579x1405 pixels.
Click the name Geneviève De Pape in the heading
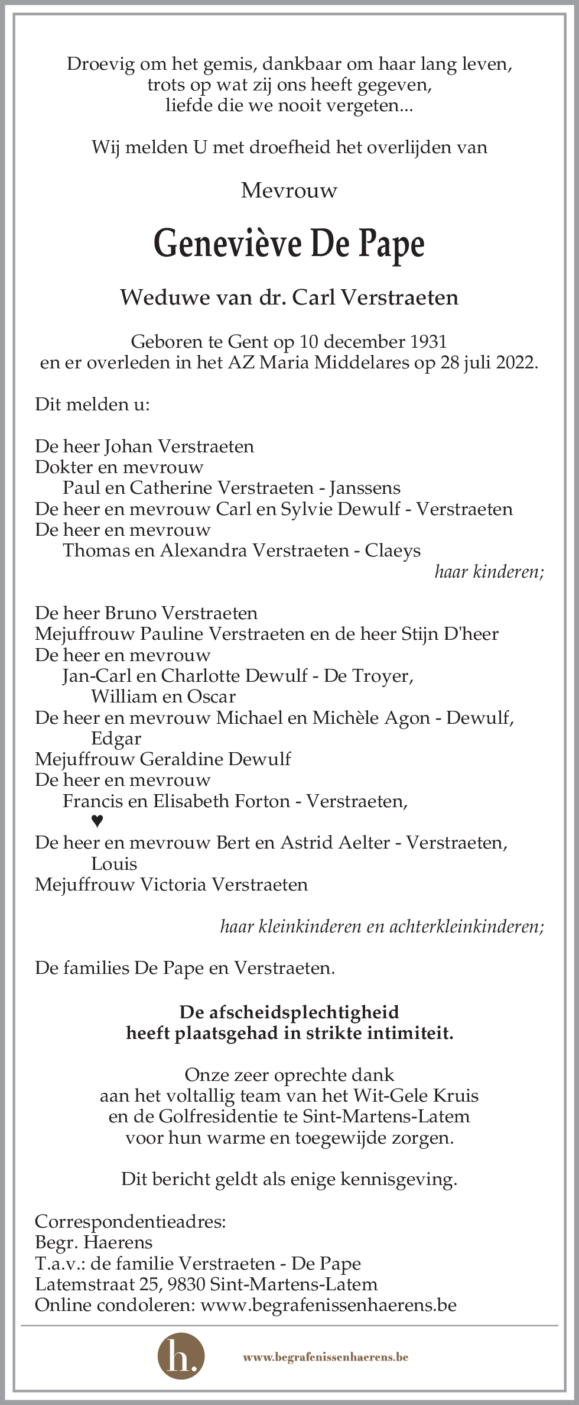[289, 244]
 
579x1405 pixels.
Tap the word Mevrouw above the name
[289, 190]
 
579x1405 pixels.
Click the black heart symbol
[97, 821]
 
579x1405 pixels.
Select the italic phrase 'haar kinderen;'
[489, 572]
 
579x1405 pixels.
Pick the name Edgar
[116, 739]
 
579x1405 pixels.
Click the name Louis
[114, 864]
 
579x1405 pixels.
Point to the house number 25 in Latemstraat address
[148, 1284]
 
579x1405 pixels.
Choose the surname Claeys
[392, 551]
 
